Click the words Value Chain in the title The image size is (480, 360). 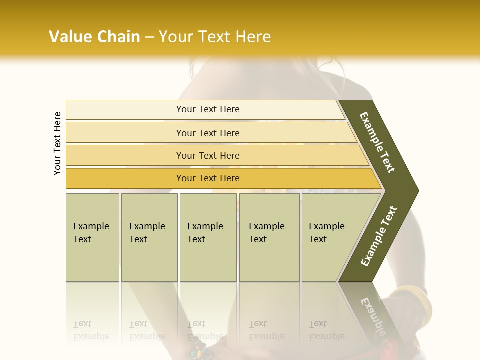point(94,37)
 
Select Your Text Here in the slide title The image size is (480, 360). point(215,37)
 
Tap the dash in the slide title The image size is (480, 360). point(149,37)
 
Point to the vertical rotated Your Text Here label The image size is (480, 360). point(58,143)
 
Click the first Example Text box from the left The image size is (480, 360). point(92,237)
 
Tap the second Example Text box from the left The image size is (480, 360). point(149,237)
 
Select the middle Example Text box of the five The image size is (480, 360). point(208,237)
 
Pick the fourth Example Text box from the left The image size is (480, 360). point(269,237)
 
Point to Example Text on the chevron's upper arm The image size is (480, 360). point(377,142)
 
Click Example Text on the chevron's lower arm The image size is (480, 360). point(378,236)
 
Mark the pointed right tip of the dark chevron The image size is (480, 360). point(417,191)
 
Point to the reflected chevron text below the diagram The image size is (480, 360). point(375,315)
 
